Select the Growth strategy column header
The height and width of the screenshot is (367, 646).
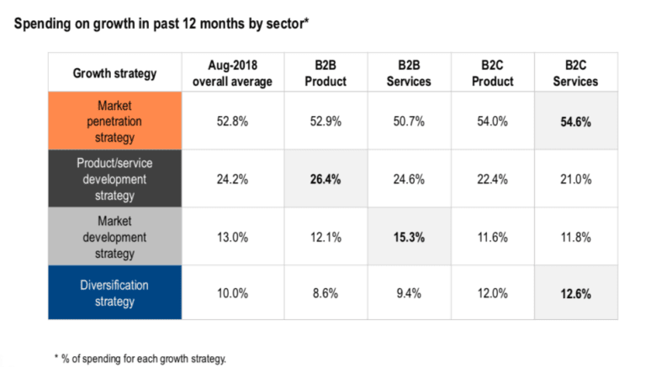(114, 73)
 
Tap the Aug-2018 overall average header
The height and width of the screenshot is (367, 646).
(232, 73)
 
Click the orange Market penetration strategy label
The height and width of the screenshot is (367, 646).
(114, 121)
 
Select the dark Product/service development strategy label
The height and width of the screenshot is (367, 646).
(114, 179)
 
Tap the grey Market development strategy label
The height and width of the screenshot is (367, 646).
(114, 237)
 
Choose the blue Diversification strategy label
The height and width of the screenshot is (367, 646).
(114, 293)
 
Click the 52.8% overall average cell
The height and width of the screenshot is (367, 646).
(232, 122)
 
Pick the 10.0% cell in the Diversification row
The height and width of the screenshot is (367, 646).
(232, 293)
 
